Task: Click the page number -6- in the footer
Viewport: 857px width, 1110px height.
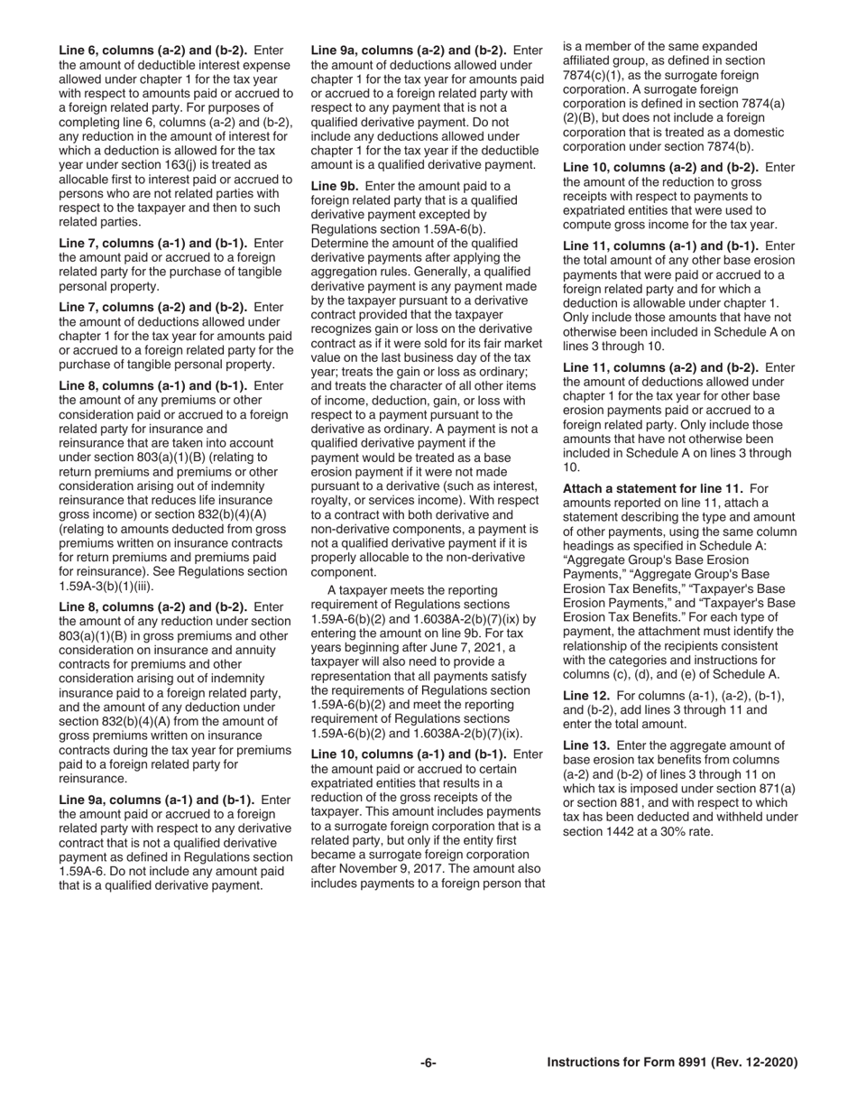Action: point(428,1063)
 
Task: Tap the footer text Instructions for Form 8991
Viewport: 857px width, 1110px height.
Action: point(672,1063)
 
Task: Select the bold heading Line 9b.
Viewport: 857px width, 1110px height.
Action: point(335,186)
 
